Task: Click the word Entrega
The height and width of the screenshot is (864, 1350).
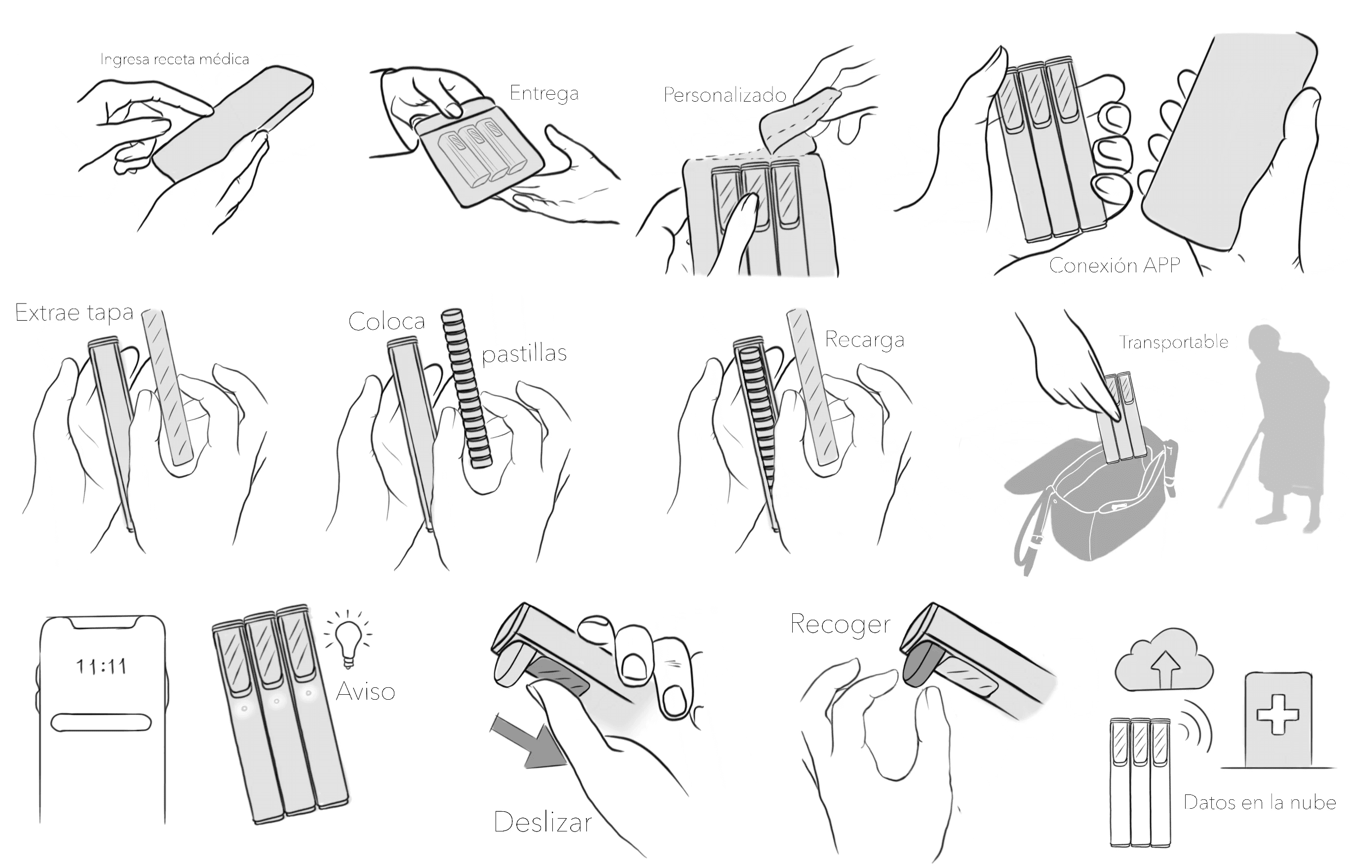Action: tap(544, 94)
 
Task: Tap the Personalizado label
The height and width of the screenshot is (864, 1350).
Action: tap(725, 95)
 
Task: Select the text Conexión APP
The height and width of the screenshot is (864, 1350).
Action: tap(1115, 265)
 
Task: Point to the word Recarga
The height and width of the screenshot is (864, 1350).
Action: tap(865, 340)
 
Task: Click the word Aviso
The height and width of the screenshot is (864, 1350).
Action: tap(365, 691)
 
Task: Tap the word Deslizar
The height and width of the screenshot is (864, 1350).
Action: tap(542, 823)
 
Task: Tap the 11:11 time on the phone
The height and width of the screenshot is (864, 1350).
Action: tap(101, 667)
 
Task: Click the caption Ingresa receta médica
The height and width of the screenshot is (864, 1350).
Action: tap(175, 59)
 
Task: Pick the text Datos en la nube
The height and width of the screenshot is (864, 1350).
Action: tap(1260, 802)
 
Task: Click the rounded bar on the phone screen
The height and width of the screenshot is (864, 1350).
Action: tap(102, 722)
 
